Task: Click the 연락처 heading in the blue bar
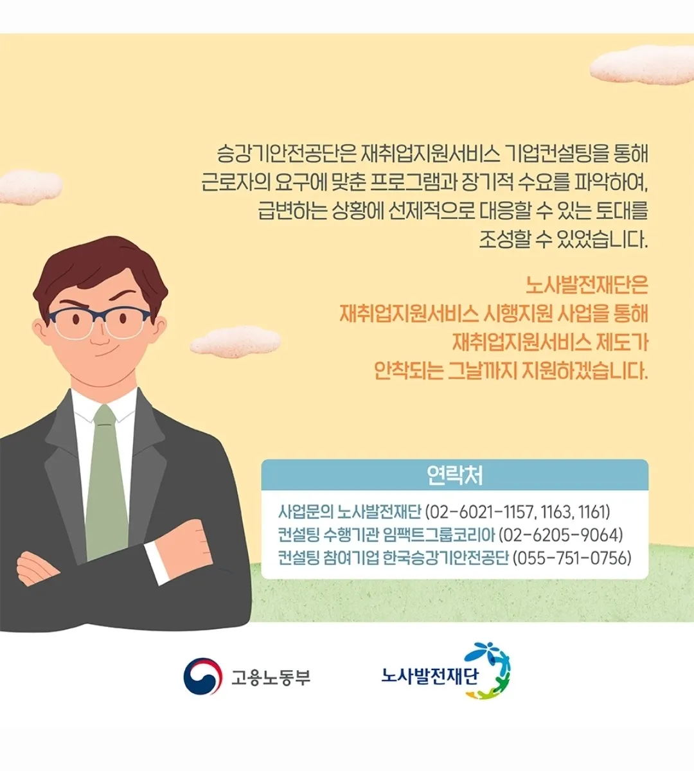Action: click(x=454, y=475)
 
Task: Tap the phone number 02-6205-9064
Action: click(x=560, y=535)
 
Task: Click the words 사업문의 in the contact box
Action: click(x=306, y=511)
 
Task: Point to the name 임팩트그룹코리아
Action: click(x=439, y=535)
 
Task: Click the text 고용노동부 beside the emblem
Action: click(x=271, y=677)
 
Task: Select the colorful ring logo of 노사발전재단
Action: click(x=488, y=671)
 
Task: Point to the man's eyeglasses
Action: click(x=99, y=323)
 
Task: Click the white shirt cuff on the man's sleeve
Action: click(x=157, y=562)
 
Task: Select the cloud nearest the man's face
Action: click(x=235, y=341)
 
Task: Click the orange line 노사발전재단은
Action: click(x=587, y=285)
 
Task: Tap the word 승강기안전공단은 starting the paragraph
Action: click(x=283, y=154)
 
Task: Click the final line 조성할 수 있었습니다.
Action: click(x=564, y=240)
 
